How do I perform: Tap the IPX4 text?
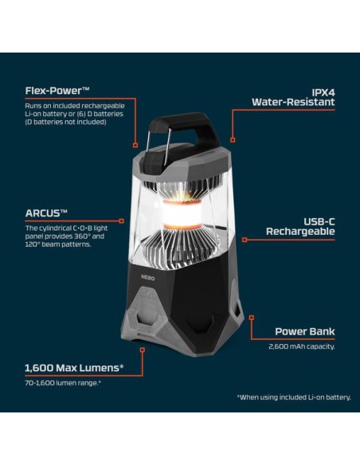[323, 93]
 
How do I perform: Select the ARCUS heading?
[46, 213]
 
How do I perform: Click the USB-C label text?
[319, 221]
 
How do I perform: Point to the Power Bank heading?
[305, 331]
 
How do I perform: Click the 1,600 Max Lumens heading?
[74, 368]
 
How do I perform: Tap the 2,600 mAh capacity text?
[302, 346]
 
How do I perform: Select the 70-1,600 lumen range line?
[63, 383]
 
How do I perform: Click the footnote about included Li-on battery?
[294, 397]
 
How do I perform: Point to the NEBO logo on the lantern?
[147, 278]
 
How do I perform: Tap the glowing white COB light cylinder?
[182, 214]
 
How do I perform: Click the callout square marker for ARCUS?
[121, 221]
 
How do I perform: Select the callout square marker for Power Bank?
[252, 318]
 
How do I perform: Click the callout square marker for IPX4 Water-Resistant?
[233, 140]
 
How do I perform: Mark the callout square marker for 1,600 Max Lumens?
[143, 350]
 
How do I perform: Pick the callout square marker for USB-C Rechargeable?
[245, 240]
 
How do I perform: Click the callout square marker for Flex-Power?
[135, 145]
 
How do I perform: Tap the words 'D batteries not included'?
[66, 122]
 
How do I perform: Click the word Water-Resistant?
[293, 102]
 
